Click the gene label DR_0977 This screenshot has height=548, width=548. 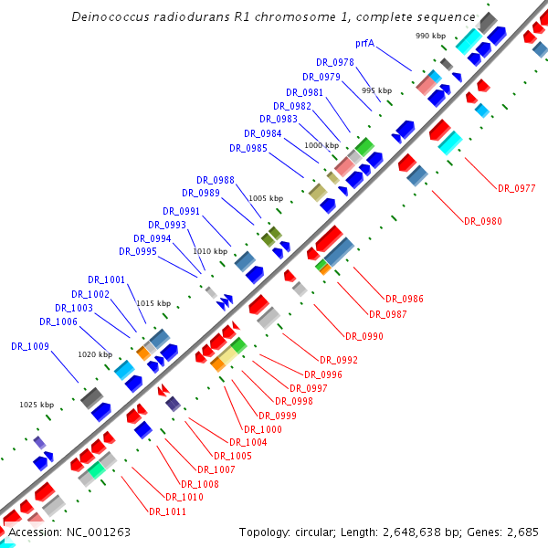516,188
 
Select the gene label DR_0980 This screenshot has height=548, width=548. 483,221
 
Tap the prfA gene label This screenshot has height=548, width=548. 364,43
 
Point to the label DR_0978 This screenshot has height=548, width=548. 335,62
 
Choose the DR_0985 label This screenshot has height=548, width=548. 248,148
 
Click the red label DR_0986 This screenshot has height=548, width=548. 404,299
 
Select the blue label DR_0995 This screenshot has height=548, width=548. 138,251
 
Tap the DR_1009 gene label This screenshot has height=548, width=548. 30,346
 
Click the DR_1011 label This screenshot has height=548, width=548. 167,511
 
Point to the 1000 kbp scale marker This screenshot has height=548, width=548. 321,145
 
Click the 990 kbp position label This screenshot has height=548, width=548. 429,36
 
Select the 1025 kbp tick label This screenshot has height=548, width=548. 37,404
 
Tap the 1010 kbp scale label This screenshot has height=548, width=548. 209,250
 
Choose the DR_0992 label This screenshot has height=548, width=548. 339,360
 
